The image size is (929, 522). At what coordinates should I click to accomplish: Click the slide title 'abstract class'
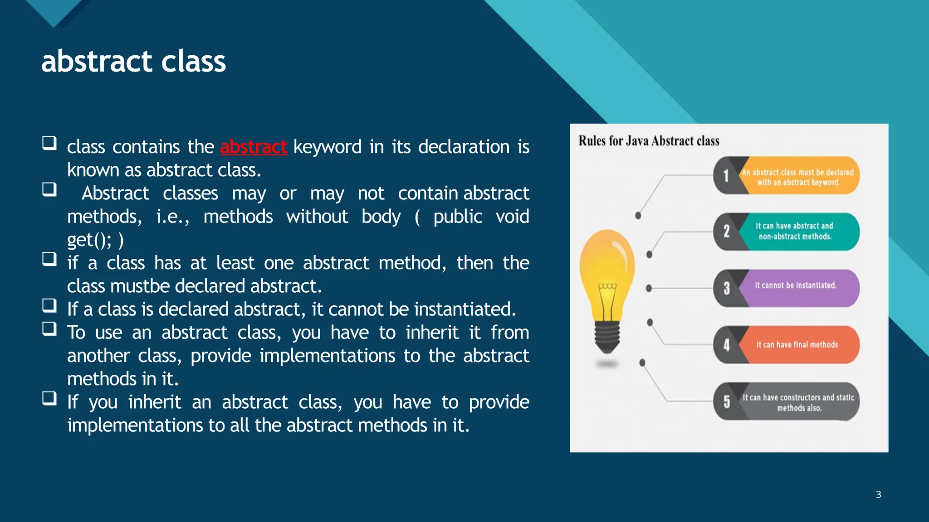(133, 61)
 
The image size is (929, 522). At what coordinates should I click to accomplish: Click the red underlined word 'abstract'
(254, 147)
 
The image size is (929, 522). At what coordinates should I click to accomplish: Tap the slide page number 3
(878, 494)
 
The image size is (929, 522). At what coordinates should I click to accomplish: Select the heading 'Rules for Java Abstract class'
(649, 141)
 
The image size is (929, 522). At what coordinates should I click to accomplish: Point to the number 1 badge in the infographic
(726, 176)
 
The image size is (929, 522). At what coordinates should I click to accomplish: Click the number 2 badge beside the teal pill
(726, 232)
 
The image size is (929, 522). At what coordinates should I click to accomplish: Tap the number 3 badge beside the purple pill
(726, 288)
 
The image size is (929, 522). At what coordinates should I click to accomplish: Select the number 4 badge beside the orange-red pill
(726, 345)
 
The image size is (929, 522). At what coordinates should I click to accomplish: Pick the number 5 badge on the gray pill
(726, 401)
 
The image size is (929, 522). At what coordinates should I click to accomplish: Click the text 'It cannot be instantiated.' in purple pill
(796, 285)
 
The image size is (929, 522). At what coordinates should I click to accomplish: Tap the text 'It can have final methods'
(797, 345)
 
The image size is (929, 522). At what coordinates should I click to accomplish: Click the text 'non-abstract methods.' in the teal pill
(795, 237)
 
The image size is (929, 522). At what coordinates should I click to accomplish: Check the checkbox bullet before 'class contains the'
(49, 143)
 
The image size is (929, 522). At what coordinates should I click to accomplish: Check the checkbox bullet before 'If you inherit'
(49, 398)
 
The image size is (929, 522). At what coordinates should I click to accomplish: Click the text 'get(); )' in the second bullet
(95, 240)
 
